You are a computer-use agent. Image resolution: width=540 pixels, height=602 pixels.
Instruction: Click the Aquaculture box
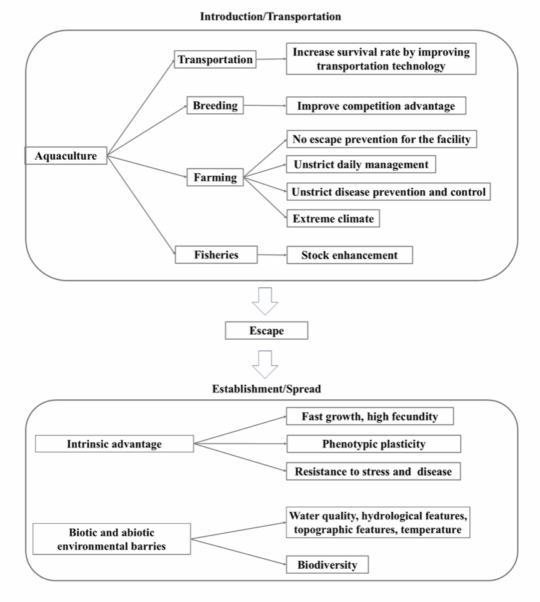pos(66,155)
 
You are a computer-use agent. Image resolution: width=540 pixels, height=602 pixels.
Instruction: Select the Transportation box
pos(215,59)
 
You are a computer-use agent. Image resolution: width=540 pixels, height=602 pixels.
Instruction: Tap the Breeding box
pos(215,105)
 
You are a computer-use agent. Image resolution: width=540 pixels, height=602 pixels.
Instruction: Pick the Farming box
pos(215,177)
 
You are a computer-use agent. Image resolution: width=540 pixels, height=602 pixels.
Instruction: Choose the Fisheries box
pos(216,255)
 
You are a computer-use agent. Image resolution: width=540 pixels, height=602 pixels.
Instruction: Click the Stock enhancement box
pos(350,255)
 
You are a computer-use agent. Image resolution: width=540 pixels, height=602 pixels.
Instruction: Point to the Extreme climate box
pos(333,218)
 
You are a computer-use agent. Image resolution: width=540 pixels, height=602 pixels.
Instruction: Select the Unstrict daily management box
pos(361,165)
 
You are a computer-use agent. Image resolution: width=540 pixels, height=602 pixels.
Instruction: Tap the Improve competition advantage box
pos(376,106)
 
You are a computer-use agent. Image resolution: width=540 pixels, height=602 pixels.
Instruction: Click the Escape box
pos(266,330)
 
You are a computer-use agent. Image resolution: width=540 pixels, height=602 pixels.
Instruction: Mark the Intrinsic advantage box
pos(114,444)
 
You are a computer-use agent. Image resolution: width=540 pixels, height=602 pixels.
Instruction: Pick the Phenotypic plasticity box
pos(374,444)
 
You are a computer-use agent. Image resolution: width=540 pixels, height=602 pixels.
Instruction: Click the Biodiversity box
pos(327,564)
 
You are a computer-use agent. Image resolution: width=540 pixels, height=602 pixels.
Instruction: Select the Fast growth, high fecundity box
pos(370,416)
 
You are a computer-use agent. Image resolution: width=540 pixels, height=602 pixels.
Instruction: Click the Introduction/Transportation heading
pos(271,16)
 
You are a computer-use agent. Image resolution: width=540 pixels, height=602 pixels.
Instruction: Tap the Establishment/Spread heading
pos(266,389)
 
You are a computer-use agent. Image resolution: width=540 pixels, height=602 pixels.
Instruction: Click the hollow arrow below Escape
pos(265,364)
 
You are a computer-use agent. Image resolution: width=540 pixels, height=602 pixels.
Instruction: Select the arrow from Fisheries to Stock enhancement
pos(272,255)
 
